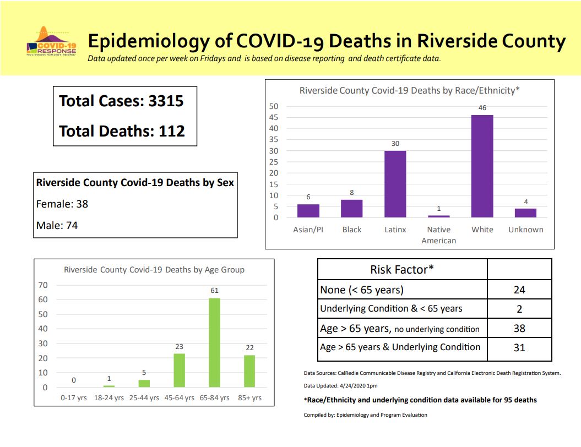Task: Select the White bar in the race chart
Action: pyautogui.click(x=482, y=166)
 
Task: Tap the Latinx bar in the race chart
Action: pyautogui.click(x=395, y=184)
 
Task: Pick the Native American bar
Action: pyautogui.click(x=438, y=216)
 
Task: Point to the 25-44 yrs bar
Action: pyautogui.click(x=144, y=384)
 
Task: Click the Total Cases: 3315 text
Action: pyautogui.click(x=121, y=101)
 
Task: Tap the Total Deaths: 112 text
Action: pyautogui.click(x=122, y=131)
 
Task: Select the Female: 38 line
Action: pyautogui.click(x=62, y=204)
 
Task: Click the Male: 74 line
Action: pyautogui.click(x=57, y=225)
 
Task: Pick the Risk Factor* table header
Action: pyautogui.click(x=402, y=269)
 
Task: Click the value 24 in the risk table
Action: pyautogui.click(x=519, y=290)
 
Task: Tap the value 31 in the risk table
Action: pyautogui.click(x=519, y=347)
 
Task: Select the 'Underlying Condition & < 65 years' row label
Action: pyautogui.click(x=391, y=308)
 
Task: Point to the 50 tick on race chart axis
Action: pyautogui.click(x=274, y=106)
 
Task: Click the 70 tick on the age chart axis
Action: pyautogui.click(x=43, y=285)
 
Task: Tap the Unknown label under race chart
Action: pyautogui.click(x=525, y=230)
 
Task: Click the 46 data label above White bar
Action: pyautogui.click(x=482, y=108)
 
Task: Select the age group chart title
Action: pyautogui.click(x=154, y=270)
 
